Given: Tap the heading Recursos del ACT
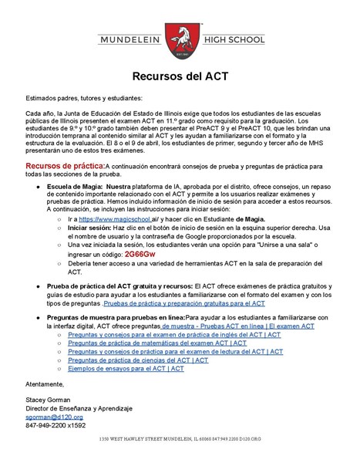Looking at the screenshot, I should coord(180,77).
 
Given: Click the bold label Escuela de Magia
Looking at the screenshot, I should coord(74,187).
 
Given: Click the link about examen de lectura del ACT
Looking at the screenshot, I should coord(170,352).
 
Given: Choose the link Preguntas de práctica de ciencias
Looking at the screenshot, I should coord(138,360).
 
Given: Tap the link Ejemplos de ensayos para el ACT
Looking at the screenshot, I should coord(126,369).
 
